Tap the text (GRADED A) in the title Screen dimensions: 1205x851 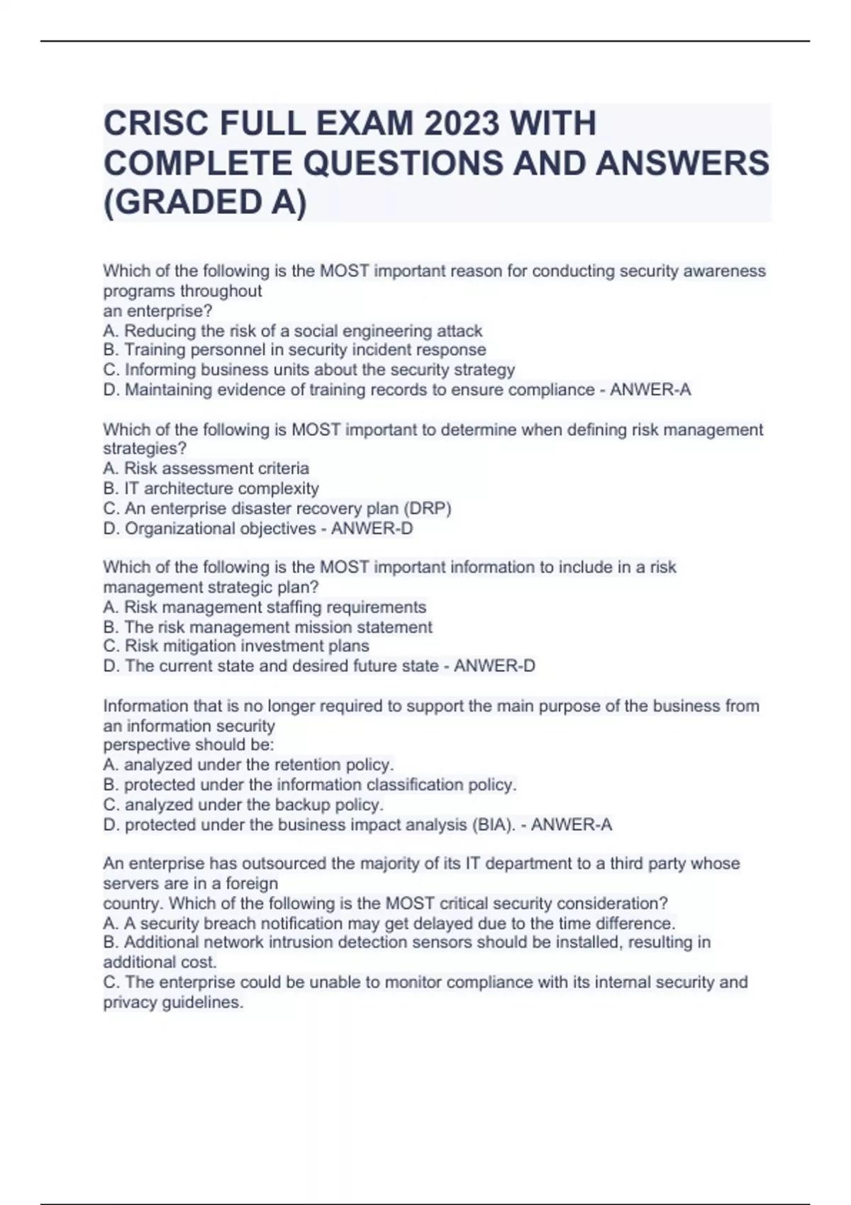(x=205, y=203)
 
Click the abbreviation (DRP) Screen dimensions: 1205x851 (x=427, y=508)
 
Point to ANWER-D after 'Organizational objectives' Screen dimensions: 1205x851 (x=372, y=529)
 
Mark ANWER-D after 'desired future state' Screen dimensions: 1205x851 (x=495, y=666)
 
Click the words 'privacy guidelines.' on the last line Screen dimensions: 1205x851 (x=173, y=1002)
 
